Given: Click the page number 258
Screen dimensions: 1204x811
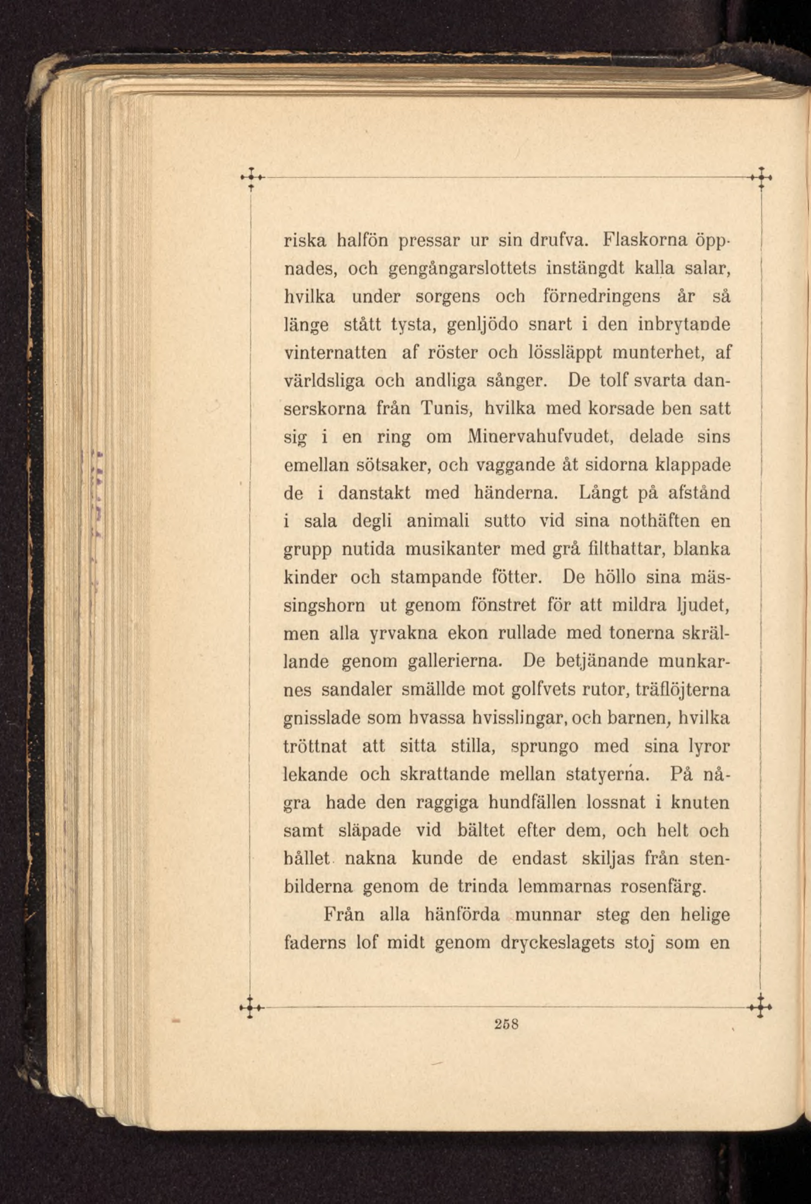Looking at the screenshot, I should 506,1023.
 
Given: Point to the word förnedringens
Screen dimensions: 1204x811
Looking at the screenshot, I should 601,297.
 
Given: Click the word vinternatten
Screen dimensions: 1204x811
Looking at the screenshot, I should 336,353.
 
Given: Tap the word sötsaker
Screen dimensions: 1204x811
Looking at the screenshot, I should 396,465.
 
